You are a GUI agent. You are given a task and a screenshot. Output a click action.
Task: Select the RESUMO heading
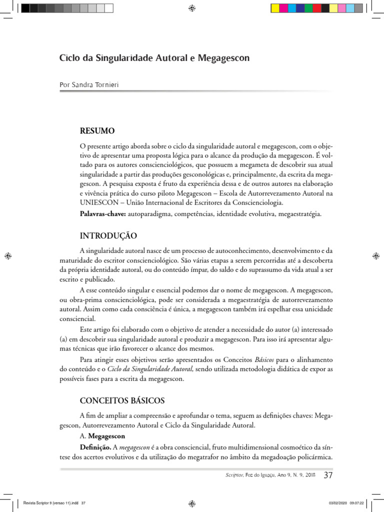point(97,131)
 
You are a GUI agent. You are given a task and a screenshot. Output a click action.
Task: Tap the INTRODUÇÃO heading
point(108,235)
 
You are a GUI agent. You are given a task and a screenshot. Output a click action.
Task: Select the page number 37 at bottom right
point(328,474)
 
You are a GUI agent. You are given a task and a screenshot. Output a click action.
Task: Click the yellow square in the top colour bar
point(275,8)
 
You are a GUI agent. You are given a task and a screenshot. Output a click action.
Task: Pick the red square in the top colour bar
point(317,8)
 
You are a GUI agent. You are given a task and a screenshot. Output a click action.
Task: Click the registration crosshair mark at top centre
point(192,8)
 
